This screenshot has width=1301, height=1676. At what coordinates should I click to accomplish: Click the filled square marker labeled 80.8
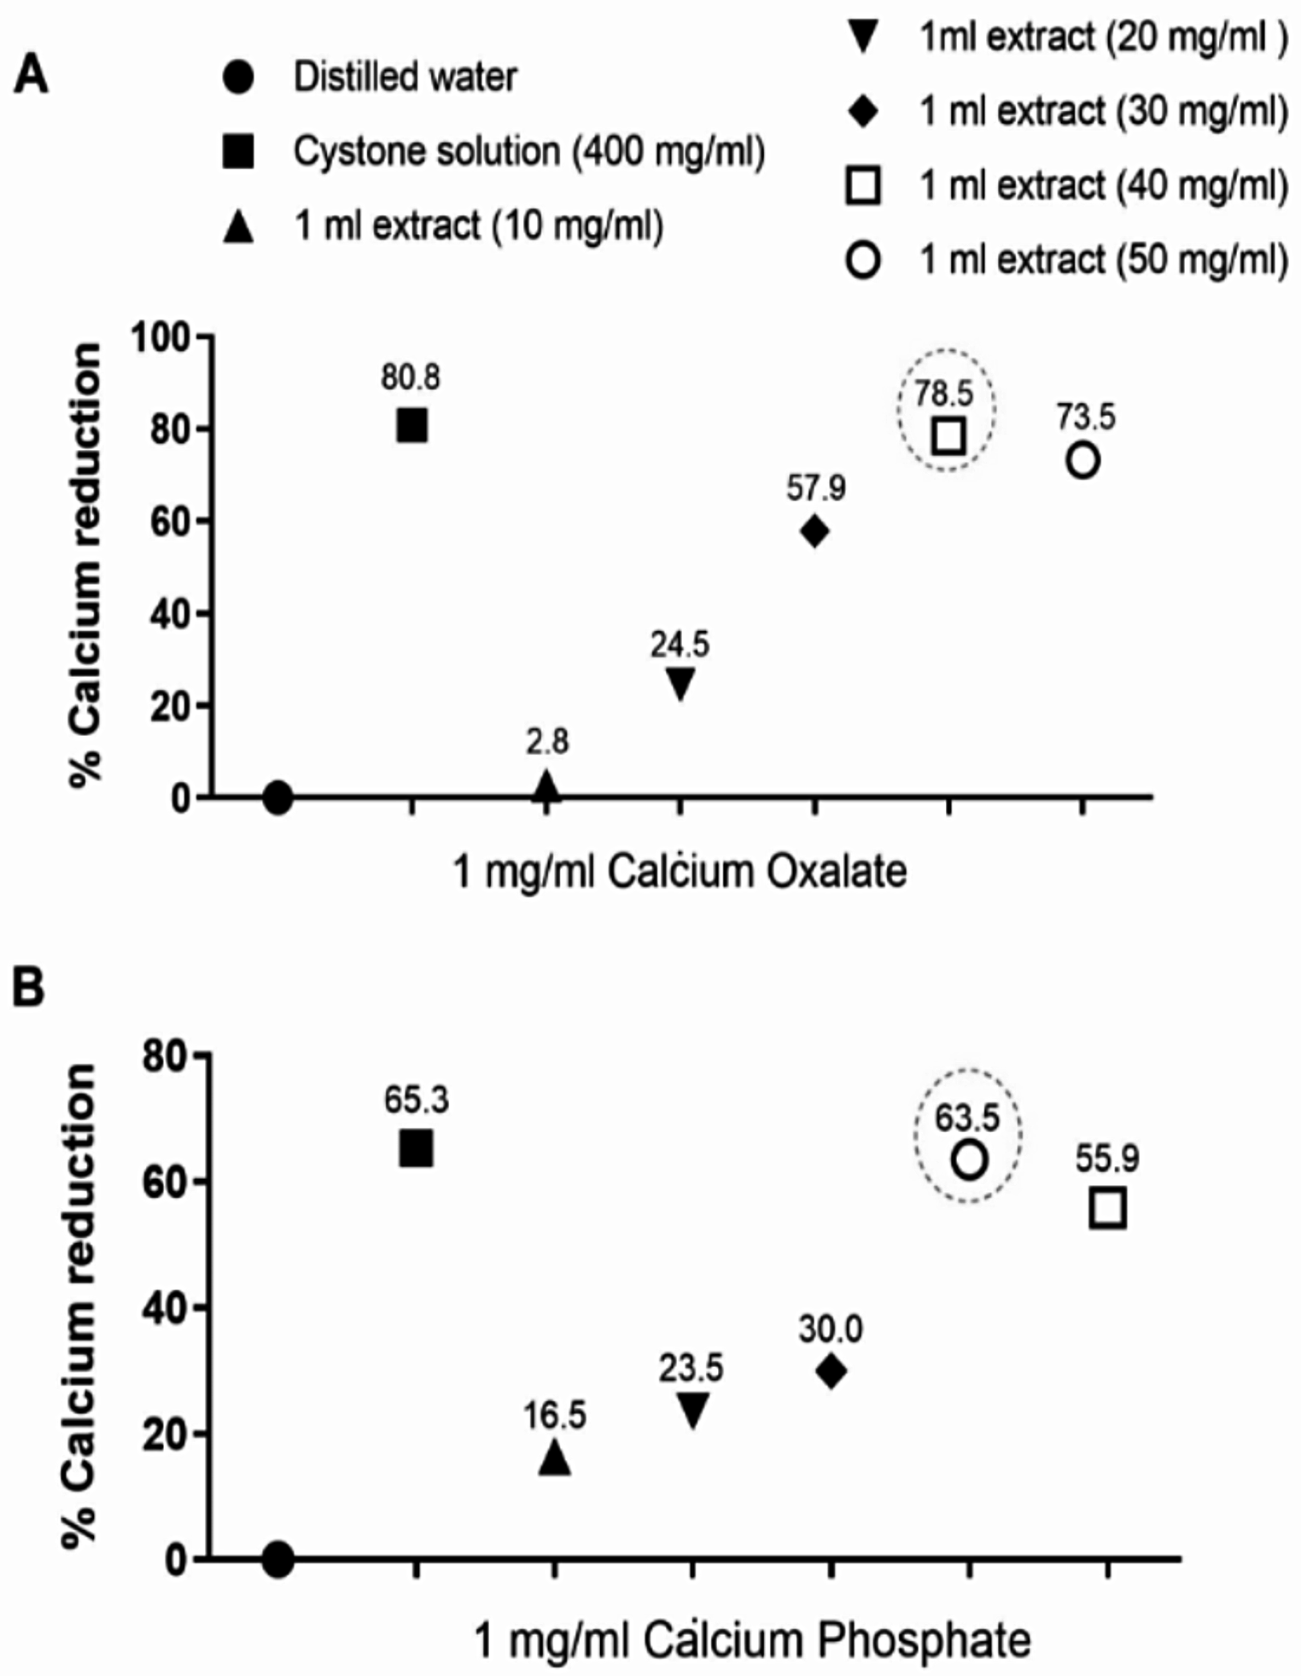(x=412, y=425)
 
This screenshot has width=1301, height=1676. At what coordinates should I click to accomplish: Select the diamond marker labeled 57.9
(x=815, y=531)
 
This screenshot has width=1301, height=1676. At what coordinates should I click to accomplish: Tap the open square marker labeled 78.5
(x=949, y=435)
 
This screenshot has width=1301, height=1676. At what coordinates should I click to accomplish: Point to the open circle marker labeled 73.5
(x=1082, y=460)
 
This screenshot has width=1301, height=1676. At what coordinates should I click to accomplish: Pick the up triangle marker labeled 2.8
(x=546, y=785)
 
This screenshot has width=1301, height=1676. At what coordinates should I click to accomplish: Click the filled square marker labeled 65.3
(x=417, y=1148)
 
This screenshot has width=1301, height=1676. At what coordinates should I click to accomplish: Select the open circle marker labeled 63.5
(x=970, y=1160)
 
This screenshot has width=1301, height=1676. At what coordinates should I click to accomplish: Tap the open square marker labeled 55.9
(x=1108, y=1209)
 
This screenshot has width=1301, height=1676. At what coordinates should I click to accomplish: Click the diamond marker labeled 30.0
(x=831, y=1371)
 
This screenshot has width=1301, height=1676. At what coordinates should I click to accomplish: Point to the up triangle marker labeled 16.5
(x=555, y=1456)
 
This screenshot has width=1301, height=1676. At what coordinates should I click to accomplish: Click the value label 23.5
(x=691, y=1369)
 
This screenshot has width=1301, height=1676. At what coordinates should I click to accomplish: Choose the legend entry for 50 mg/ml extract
(x=1067, y=260)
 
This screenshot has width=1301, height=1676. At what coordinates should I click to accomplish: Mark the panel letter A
(x=31, y=76)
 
